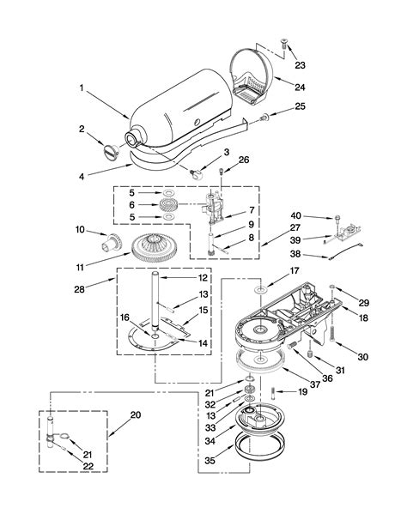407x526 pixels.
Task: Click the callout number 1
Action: pos(83,88)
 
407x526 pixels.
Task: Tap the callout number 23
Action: pos(299,64)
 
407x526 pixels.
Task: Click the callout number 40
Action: pos(320,215)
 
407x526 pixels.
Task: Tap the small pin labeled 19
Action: pos(273,392)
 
